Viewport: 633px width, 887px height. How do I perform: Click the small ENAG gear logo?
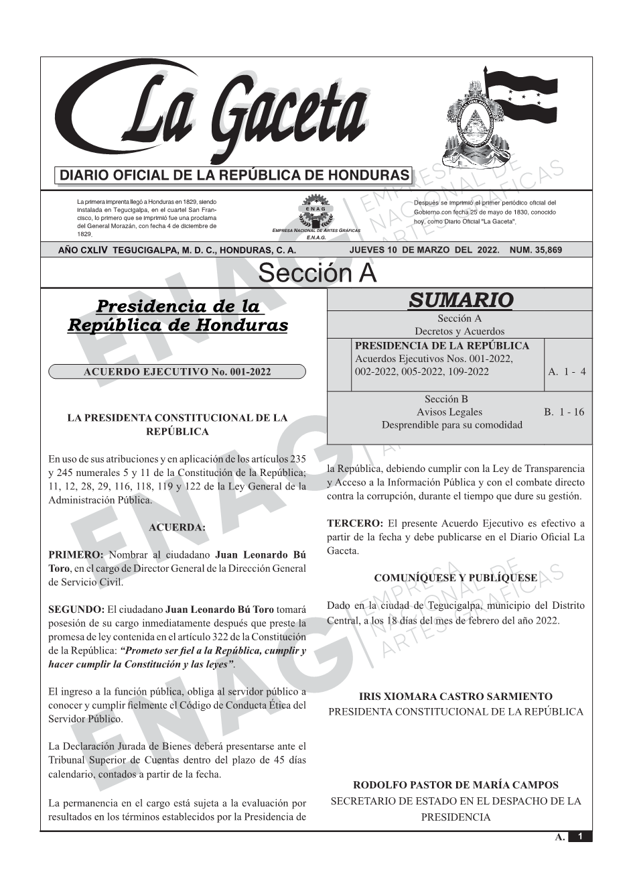click(315, 211)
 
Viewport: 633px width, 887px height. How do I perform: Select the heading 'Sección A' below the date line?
click(317, 274)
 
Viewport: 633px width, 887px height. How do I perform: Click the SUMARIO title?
click(460, 300)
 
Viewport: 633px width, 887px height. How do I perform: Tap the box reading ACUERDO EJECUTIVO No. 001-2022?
click(177, 371)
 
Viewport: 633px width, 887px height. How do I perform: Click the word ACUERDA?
click(177, 528)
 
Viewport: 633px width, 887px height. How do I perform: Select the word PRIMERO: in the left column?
click(76, 555)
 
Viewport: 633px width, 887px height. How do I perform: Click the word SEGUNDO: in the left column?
click(76, 609)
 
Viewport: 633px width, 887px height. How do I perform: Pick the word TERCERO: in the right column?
click(355, 523)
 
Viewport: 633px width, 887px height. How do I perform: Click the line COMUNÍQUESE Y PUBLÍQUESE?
click(455, 578)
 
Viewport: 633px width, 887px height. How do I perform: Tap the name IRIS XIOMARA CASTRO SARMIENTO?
click(455, 697)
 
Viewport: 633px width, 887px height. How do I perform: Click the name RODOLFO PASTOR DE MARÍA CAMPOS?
click(455, 784)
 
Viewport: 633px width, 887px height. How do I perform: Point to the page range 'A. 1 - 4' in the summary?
click(567, 371)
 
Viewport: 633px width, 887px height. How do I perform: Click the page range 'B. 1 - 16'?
click(564, 412)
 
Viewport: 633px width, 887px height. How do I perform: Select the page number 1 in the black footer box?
click(581, 837)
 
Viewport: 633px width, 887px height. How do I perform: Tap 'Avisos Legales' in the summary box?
click(449, 412)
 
